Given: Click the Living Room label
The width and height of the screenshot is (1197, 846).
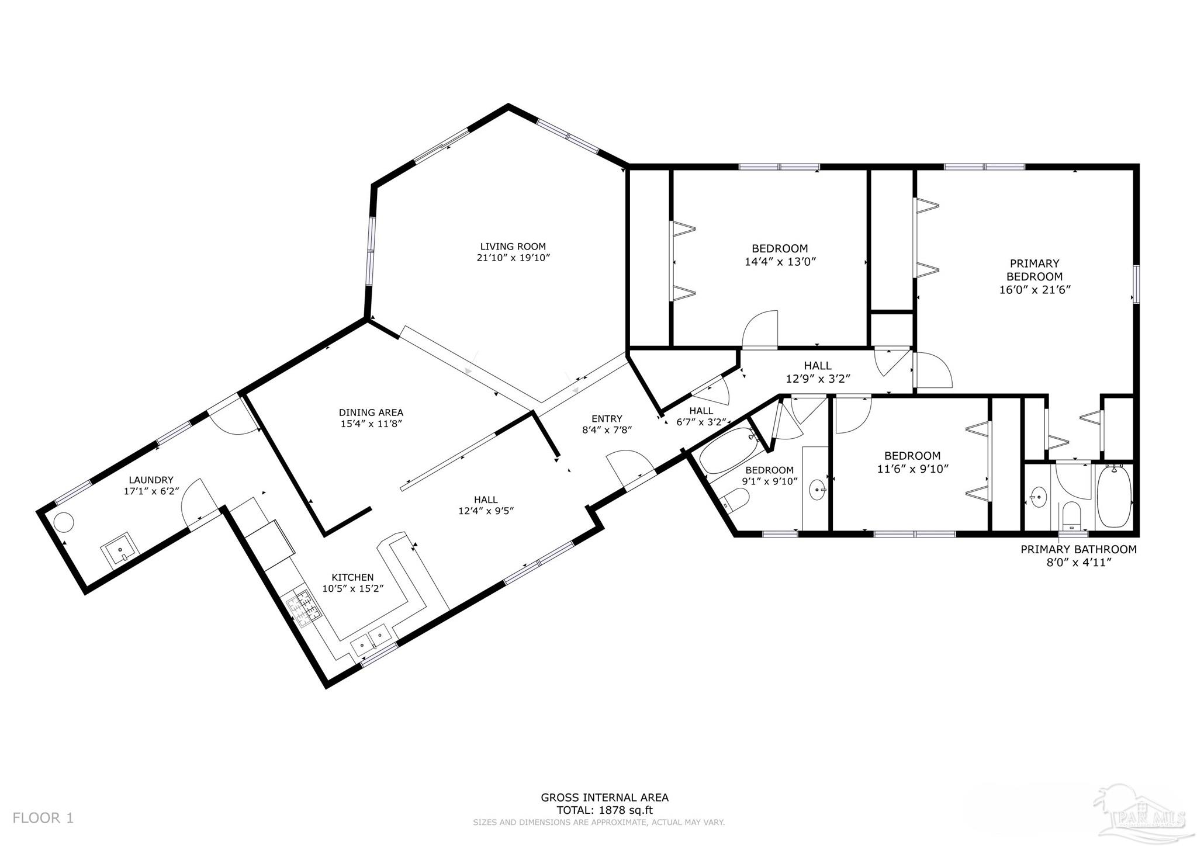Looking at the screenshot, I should [x=513, y=247].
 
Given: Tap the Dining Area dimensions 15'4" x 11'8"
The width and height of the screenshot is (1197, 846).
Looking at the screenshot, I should [x=371, y=424].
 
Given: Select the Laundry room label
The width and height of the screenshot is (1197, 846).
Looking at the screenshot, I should [x=151, y=480].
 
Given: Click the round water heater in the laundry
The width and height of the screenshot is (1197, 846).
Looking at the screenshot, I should [x=64, y=521].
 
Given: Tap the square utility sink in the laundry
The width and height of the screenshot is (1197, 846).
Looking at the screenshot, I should [x=119, y=550].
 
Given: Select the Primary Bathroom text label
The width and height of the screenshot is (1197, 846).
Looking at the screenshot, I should [x=1078, y=549].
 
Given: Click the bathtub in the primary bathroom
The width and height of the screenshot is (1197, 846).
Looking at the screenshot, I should [x=1115, y=497].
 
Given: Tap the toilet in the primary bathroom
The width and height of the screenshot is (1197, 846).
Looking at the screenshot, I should [x=1071, y=514].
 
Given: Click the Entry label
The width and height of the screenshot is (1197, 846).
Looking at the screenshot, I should [x=607, y=418].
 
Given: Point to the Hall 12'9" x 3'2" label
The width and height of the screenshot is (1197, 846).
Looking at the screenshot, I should [x=817, y=366].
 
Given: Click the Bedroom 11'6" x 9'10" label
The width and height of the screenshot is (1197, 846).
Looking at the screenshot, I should [x=912, y=456].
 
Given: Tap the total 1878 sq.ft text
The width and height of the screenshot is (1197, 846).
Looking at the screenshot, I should [x=604, y=810].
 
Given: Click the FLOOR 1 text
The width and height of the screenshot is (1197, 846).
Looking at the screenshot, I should [x=43, y=818].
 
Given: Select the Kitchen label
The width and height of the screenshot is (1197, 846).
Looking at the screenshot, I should [x=352, y=577].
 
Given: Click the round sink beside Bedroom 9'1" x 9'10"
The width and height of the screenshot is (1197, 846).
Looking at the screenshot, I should [x=817, y=488].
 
